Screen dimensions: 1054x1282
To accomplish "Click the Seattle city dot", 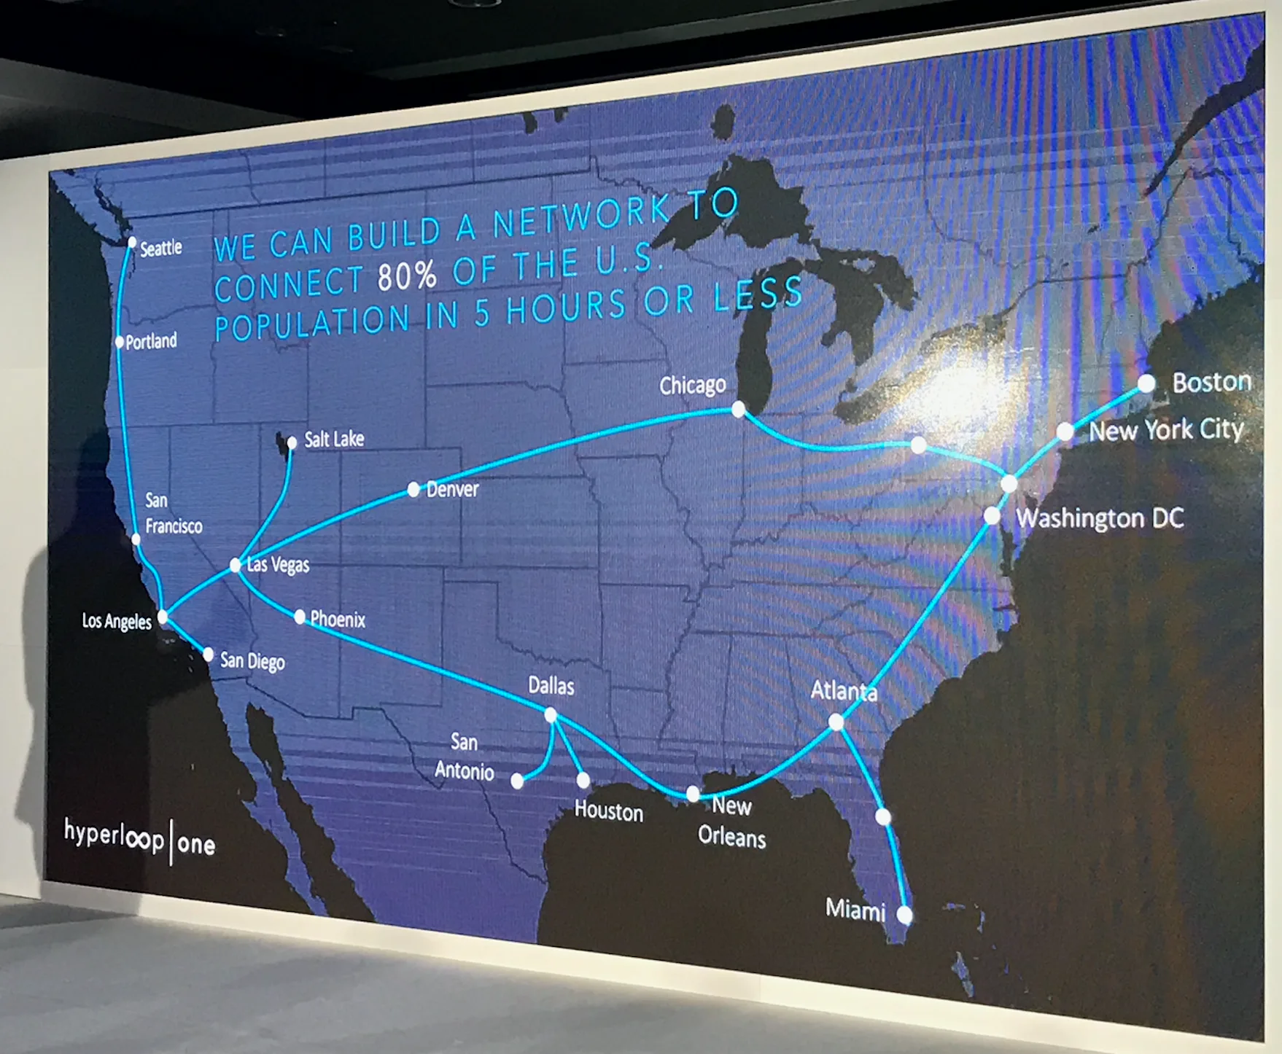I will point(132,242).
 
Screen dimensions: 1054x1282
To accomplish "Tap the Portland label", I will point(151,341).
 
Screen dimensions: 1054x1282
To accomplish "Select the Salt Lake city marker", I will point(292,442).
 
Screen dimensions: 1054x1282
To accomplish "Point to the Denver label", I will point(452,489).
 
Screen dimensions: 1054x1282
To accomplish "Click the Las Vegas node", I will point(235,565).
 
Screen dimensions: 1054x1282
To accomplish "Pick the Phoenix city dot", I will point(300,617).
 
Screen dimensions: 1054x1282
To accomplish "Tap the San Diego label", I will point(252,661).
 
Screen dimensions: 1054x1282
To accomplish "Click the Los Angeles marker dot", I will point(163,617).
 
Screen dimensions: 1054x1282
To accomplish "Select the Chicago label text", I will point(692,385).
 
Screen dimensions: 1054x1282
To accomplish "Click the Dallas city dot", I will point(551,715).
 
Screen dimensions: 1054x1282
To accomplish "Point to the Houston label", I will point(608,811).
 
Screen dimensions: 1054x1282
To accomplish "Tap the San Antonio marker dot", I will point(517,781).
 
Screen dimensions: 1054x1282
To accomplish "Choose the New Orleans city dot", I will point(693,793).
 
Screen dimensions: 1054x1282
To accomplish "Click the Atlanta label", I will point(844,690).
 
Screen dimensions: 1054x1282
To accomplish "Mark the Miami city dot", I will point(904,914).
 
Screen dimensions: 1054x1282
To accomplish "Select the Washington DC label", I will point(1100,518).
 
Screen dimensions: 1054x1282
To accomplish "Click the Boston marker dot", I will point(1146,383).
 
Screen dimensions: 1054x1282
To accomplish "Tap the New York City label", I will point(1166,430).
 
